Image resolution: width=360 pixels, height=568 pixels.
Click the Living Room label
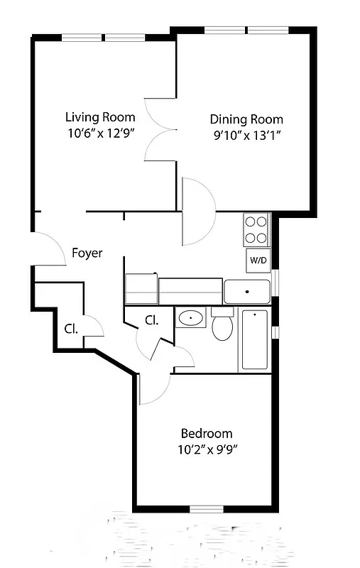100,117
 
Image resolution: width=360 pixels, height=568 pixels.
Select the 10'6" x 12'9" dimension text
100,132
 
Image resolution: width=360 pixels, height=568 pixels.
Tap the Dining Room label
246,119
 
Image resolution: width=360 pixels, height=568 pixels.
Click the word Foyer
87,253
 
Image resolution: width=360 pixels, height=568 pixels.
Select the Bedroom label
206,433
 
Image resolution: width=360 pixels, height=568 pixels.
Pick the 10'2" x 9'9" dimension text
206,449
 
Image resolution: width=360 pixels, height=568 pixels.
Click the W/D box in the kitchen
258,261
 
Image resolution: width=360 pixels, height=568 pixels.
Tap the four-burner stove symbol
256,229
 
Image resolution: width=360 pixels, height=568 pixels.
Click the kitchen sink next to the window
246,291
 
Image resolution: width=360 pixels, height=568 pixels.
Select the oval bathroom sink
190,317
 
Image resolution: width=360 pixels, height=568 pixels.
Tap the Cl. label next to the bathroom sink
151,320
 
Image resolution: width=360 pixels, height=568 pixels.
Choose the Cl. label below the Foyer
70,329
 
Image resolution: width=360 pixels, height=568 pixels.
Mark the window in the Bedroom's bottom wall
207,508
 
